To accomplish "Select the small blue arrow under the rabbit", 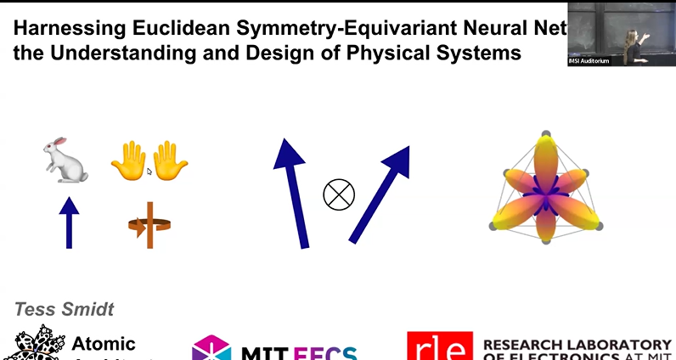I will point(69,222).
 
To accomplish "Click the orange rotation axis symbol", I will point(149,225).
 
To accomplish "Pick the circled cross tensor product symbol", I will point(338,194).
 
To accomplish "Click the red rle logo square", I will point(437,347).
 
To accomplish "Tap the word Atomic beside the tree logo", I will point(104,344).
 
